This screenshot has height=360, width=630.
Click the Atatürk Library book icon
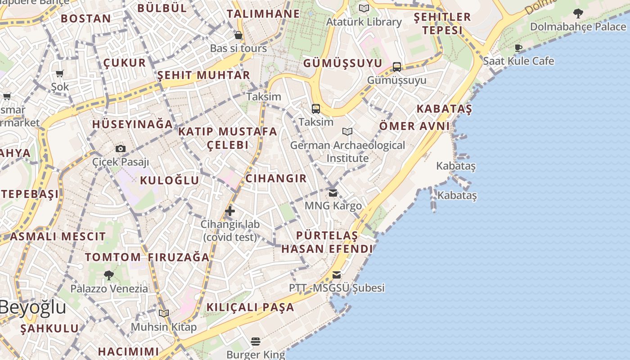(364, 8)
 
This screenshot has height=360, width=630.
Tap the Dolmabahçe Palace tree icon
(578, 13)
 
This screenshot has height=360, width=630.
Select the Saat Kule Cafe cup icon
(518, 48)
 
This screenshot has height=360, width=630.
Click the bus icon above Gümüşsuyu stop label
(397, 67)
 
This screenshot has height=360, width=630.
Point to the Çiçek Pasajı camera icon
(121, 148)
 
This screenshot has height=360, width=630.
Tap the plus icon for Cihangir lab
(230, 211)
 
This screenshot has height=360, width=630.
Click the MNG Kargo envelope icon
(333, 193)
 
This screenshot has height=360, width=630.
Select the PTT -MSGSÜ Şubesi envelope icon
(337, 275)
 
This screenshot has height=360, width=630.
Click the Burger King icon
(256, 342)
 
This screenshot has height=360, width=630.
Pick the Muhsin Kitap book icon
(164, 313)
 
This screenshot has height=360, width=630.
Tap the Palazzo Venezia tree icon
(108, 275)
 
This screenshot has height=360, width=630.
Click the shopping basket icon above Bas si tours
(238, 35)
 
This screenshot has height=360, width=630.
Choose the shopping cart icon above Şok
(60, 73)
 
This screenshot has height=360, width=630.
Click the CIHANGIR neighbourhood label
(276, 178)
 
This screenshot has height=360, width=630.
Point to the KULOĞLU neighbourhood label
(169, 180)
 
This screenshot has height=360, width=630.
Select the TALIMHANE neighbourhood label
(263, 14)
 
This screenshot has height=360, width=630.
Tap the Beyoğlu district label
(32, 307)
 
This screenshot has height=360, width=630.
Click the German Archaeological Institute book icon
(347, 131)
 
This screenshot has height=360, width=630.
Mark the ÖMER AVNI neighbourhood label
(414, 126)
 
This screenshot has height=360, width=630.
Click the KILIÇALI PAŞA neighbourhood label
(250, 307)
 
